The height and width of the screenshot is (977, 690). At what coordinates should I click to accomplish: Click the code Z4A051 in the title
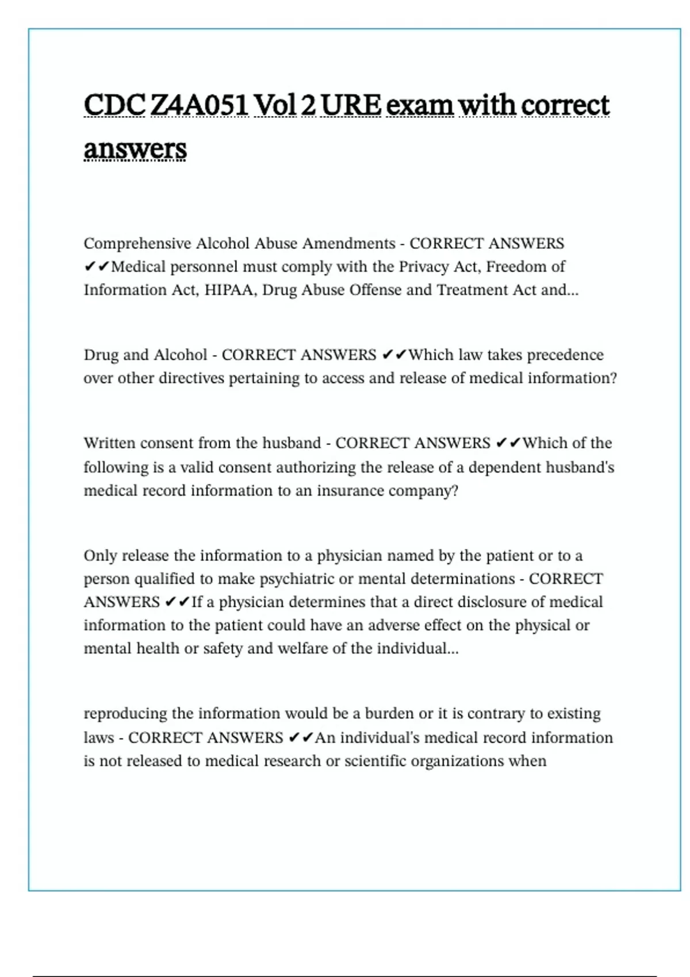(x=199, y=105)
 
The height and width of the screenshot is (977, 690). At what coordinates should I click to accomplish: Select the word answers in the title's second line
(x=135, y=149)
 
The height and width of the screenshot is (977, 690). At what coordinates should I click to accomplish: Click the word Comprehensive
(x=137, y=244)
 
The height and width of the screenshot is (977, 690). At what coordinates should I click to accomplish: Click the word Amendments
(x=349, y=244)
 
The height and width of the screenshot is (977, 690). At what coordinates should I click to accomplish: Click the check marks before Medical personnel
(x=96, y=267)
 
